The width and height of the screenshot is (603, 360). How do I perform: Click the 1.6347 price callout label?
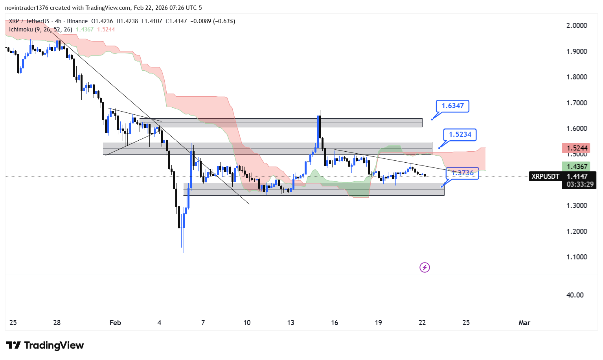tap(452, 106)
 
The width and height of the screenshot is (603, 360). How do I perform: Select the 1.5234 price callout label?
tap(460, 134)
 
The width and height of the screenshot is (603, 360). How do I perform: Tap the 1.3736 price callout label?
tap(462, 173)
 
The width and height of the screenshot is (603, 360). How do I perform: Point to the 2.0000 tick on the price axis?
tap(577, 26)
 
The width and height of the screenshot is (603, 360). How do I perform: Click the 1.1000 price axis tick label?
tap(577, 257)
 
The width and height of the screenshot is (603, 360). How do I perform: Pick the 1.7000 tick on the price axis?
tap(577, 103)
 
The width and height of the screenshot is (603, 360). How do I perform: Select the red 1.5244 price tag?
tap(577, 148)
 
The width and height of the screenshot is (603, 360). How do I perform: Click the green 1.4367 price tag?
tap(577, 167)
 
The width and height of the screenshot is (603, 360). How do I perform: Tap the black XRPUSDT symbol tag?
tap(545, 176)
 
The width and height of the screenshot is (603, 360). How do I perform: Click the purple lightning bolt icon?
tap(425, 268)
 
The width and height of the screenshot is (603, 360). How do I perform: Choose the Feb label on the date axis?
tap(115, 323)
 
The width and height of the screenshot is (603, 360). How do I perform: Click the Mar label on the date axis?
tap(524, 323)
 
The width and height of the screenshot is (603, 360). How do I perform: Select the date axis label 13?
tap(290, 323)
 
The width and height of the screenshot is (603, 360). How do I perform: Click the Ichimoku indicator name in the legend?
tap(21, 29)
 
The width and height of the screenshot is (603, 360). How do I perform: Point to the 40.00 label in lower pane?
tap(575, 295)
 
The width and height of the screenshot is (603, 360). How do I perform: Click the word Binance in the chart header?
tap(77, 21)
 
